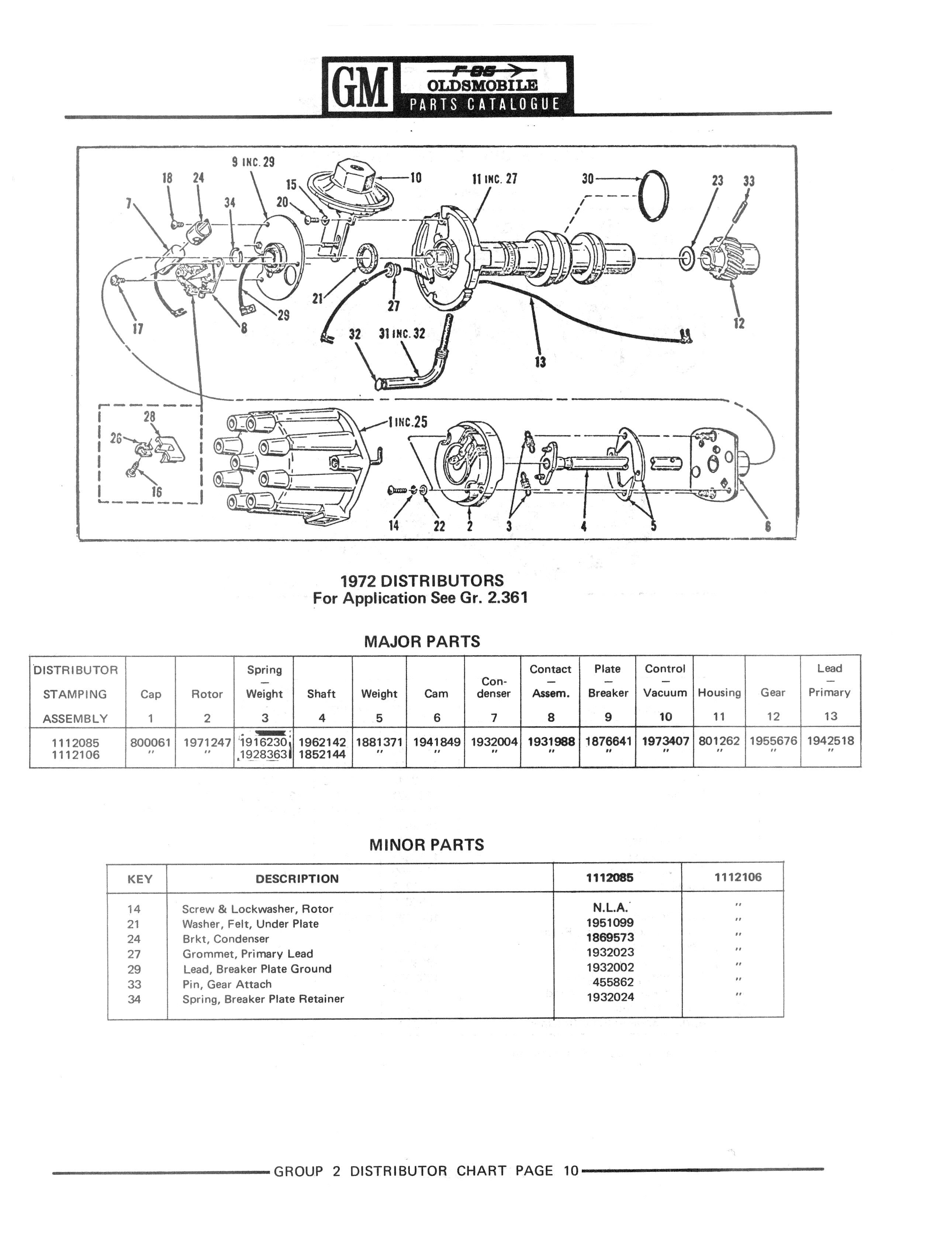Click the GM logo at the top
click(x=360, y=87)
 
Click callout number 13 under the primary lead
click(x=540, y=362)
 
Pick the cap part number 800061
click(x=150, y=742)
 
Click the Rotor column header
click(x=207, y=694)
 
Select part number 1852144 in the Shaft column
click(x=322, y=755)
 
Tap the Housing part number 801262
click(x=719, y=741)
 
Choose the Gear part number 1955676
click(x=773, y=741)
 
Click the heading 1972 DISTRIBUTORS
click(x=422, y=580)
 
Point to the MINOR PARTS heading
click(x=426, y=845)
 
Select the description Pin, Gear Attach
click(x=227, y=984)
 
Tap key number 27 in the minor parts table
click(x=134, y=954)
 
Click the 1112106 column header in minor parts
click(x=738, y=877)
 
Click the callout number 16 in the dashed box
click(x=157, y=492)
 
